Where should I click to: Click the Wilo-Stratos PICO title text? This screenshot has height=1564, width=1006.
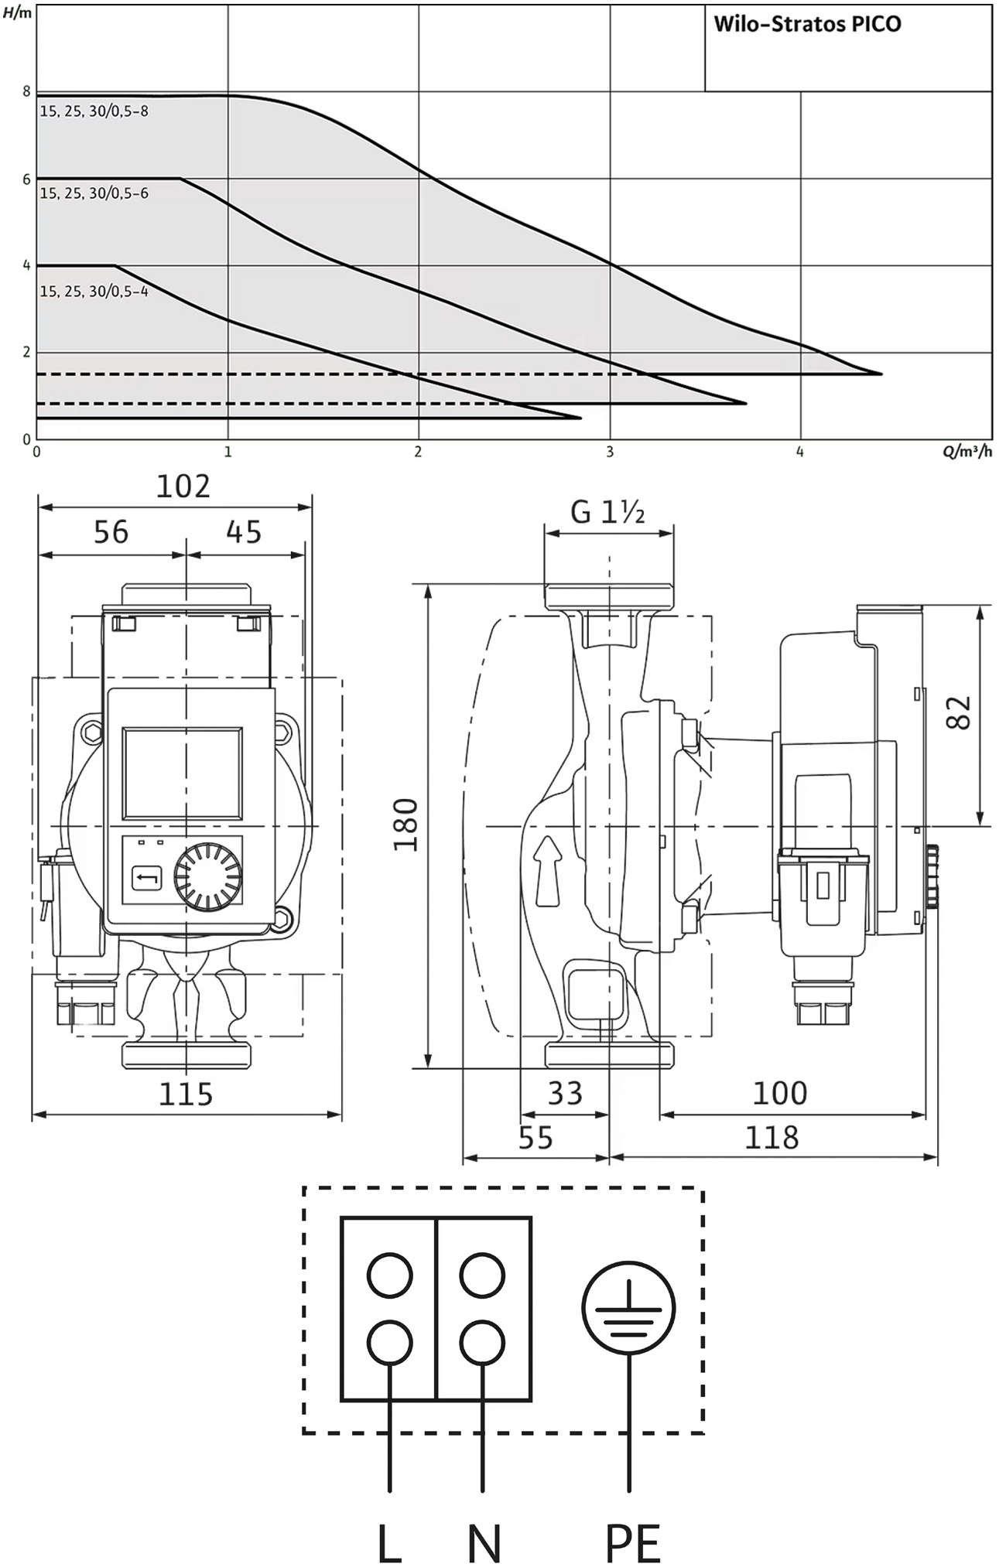(807, 24)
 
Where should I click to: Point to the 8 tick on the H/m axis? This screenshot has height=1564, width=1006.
(26, 92)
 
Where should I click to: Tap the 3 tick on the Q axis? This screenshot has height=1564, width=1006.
(610, 452)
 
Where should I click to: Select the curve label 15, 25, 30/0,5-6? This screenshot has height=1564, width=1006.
(94, 193)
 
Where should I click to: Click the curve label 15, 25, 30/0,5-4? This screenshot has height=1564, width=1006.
(94, 292)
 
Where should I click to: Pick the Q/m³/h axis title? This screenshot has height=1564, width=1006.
(967, 452)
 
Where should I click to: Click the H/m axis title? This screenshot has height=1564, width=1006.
(17, 13)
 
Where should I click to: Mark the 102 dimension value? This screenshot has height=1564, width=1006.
(183, 487)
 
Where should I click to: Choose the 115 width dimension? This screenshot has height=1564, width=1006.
(186, 1094)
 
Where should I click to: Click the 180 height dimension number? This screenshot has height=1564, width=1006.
(405, 825)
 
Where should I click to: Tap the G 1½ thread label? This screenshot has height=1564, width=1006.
(607, 512)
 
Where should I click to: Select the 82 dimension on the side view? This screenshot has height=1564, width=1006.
(958, 712)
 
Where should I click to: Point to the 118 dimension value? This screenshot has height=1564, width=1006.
(772, 1138)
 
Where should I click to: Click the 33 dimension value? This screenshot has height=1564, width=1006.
(565, 1093)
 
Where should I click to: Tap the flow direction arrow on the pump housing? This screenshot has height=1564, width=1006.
(548, 870)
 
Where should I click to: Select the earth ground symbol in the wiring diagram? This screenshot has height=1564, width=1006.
(628, 1308)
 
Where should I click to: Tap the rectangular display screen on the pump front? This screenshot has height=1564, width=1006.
(183, 773)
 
